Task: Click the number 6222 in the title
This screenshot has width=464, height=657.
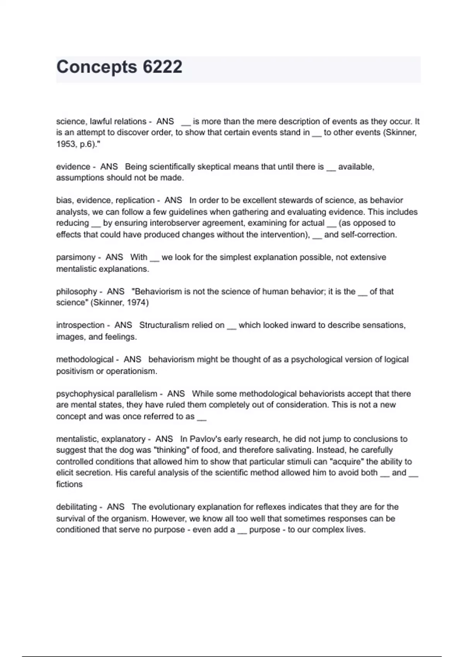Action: pos(162,67)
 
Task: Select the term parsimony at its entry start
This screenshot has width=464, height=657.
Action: pos(75,257)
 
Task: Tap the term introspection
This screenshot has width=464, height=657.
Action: pos(80,325)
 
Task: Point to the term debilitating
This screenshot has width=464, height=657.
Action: pos(76,507)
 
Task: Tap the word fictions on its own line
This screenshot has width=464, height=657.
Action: pos(69,484)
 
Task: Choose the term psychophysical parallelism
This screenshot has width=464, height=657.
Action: pos(106,394)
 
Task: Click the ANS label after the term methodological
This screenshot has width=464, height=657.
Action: pos(132,359)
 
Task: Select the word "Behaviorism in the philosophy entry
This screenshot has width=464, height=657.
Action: pos(156,291)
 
